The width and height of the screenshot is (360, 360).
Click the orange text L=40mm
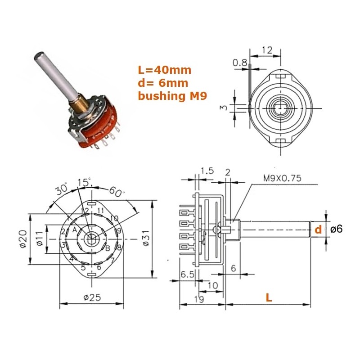(164, 70)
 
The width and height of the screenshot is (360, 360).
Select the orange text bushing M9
(172, 96)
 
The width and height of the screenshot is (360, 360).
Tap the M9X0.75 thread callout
(282, 178)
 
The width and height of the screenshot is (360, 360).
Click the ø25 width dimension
(92, 297)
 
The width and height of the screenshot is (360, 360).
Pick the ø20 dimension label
(23, 239)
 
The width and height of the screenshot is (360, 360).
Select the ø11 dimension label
(40, 238)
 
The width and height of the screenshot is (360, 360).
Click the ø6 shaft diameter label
(336, 229)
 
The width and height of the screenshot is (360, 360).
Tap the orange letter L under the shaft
(269, 297)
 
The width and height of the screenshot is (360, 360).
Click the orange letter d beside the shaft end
(318, 229)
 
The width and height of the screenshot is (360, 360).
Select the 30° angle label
(62, 189)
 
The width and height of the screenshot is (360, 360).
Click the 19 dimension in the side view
(199, 299)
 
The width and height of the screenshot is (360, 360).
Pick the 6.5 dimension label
(188, 274)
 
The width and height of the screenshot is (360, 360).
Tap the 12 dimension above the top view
(267, 50)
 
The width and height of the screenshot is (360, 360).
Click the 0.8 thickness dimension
(240, 63)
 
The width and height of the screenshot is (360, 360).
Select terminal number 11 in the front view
(100, 210)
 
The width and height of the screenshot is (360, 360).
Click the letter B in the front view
(108, 248)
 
